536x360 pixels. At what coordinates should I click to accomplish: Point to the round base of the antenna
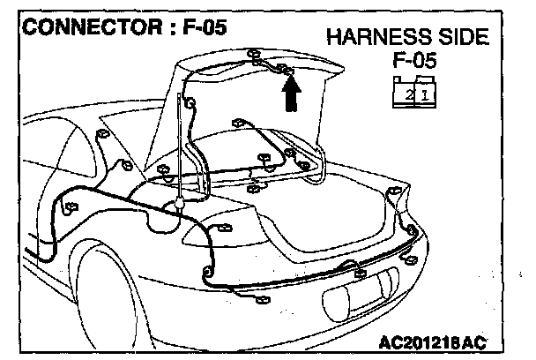point(179,205)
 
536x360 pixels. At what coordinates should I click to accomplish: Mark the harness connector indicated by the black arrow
point(287,68)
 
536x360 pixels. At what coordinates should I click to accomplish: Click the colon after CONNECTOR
point(168,27)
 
